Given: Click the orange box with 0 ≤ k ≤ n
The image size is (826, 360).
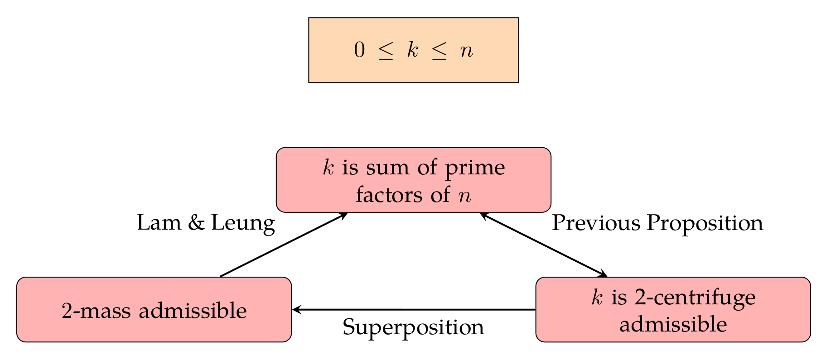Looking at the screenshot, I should [x=413, y=50].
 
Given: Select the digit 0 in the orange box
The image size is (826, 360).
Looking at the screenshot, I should [x=359, y=51].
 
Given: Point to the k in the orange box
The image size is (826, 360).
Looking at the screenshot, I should [x=412, y=50].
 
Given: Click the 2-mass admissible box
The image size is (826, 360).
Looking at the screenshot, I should [x=154, y=309].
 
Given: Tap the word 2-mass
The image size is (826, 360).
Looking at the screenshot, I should [x=97, y=311].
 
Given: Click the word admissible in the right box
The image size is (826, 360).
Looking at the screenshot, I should [x=673, y=325].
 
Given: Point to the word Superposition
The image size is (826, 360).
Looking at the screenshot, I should [x=413, y=327].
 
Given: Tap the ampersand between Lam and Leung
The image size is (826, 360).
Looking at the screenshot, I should [x=196, y=223].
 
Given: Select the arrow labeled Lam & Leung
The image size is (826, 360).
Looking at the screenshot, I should [x=284, y=245].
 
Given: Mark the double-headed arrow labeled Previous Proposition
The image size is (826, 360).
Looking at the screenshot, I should [x=543, y=245].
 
